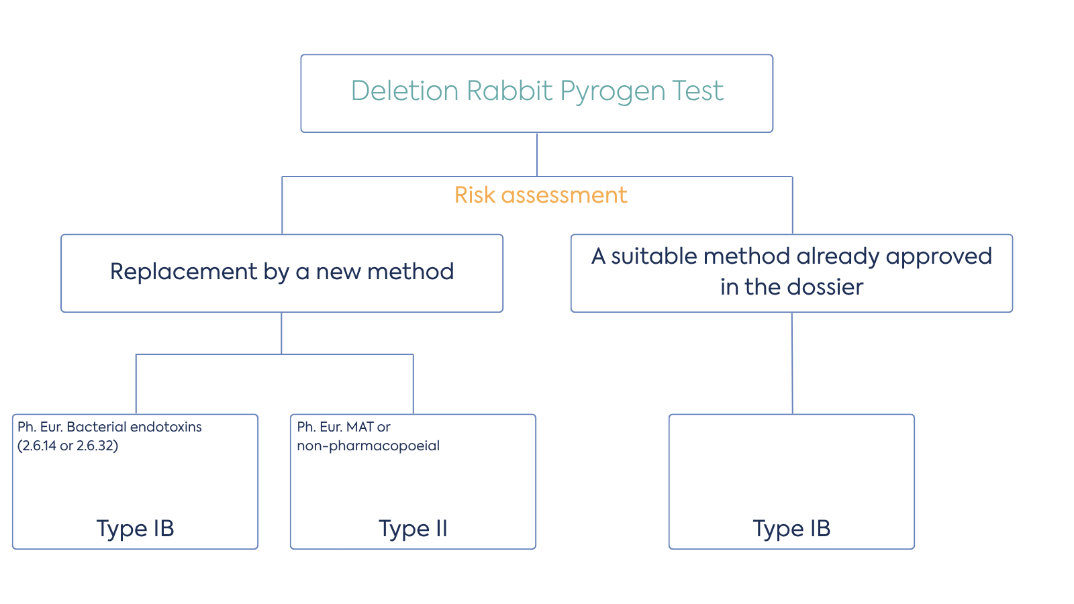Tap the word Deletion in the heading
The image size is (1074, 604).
[404, 91]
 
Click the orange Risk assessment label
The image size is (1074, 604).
[540, 195]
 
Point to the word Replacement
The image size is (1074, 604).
[183, 272]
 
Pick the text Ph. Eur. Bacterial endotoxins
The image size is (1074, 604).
[109, 427]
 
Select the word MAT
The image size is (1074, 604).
[360, 427]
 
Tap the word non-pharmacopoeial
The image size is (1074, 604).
[368, 446]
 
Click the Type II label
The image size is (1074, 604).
[413, 529]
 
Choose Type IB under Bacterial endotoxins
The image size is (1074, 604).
[135, 529]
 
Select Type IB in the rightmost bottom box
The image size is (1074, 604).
[791, 529]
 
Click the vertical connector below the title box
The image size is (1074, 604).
[537, 154]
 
